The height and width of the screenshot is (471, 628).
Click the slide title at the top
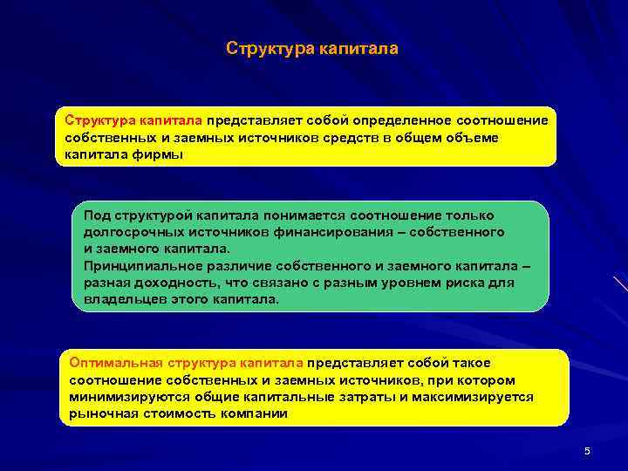[x=312, y=49]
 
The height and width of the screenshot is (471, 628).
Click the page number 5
[x=587, y=451]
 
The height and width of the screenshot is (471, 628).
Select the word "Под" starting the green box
[x=97, y=215]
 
